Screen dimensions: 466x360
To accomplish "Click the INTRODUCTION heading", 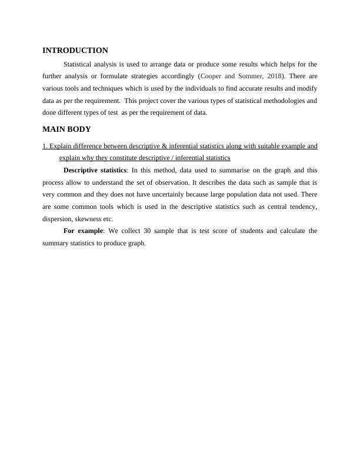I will pyautogui.click(x=75, y=51).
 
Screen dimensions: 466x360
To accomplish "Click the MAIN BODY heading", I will pyautogui.click(x=66, y=129).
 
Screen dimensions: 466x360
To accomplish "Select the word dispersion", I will pyautogui.click(x=56, y=218).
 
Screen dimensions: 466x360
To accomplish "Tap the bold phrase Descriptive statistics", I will pyautogui.click(x=95, y=170).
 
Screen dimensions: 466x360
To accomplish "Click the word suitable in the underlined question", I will pyautogui.click(x=249, y=146).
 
